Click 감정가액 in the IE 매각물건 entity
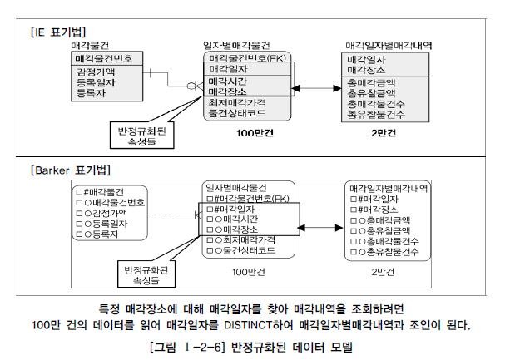click(96, 72)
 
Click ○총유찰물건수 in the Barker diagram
click(388, 251)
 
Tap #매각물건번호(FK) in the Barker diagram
click(247, 198)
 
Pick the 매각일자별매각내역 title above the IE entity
click(388, 45)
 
